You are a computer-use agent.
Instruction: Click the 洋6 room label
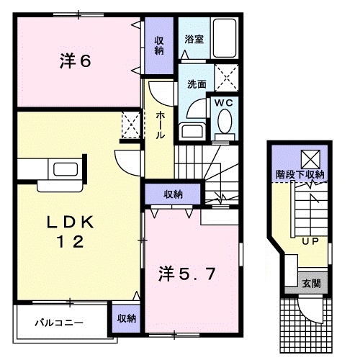(74, 61)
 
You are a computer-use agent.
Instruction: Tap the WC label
(224, 102)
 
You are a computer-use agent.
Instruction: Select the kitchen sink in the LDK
(64, 170)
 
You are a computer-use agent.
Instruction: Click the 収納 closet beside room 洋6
(158, 45)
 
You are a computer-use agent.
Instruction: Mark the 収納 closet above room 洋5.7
(173, 194)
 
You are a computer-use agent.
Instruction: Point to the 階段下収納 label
(300, 174)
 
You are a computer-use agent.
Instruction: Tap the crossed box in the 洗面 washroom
(228, 76)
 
